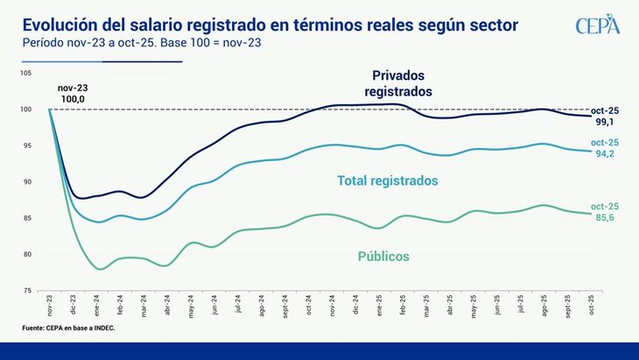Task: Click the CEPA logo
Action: point(598,25)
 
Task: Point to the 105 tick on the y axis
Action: point(27,74)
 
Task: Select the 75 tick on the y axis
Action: point(28,290)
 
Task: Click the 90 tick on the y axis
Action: point(28,182)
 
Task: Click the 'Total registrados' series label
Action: point(388,180)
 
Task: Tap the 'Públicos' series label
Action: point(383,257)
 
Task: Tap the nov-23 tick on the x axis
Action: point(50,306)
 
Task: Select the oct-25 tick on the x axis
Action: point(593,306)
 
